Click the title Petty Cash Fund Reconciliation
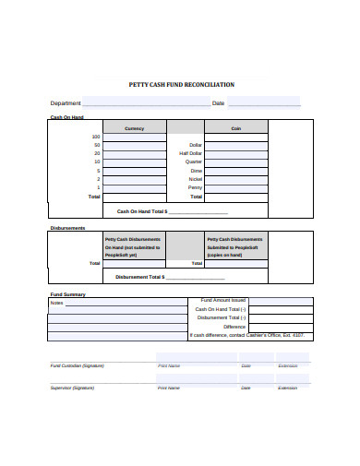180,84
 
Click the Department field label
66,103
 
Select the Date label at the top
218,103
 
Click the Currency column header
134,128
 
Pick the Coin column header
235,128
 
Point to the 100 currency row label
96,137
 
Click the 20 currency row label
97,153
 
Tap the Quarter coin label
193,161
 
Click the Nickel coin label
195,179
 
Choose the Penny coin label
195,187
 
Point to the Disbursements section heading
67,228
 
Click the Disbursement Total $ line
169,276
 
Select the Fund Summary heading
67,294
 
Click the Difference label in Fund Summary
234,327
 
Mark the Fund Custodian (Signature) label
77,365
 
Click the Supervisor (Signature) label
74,388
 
